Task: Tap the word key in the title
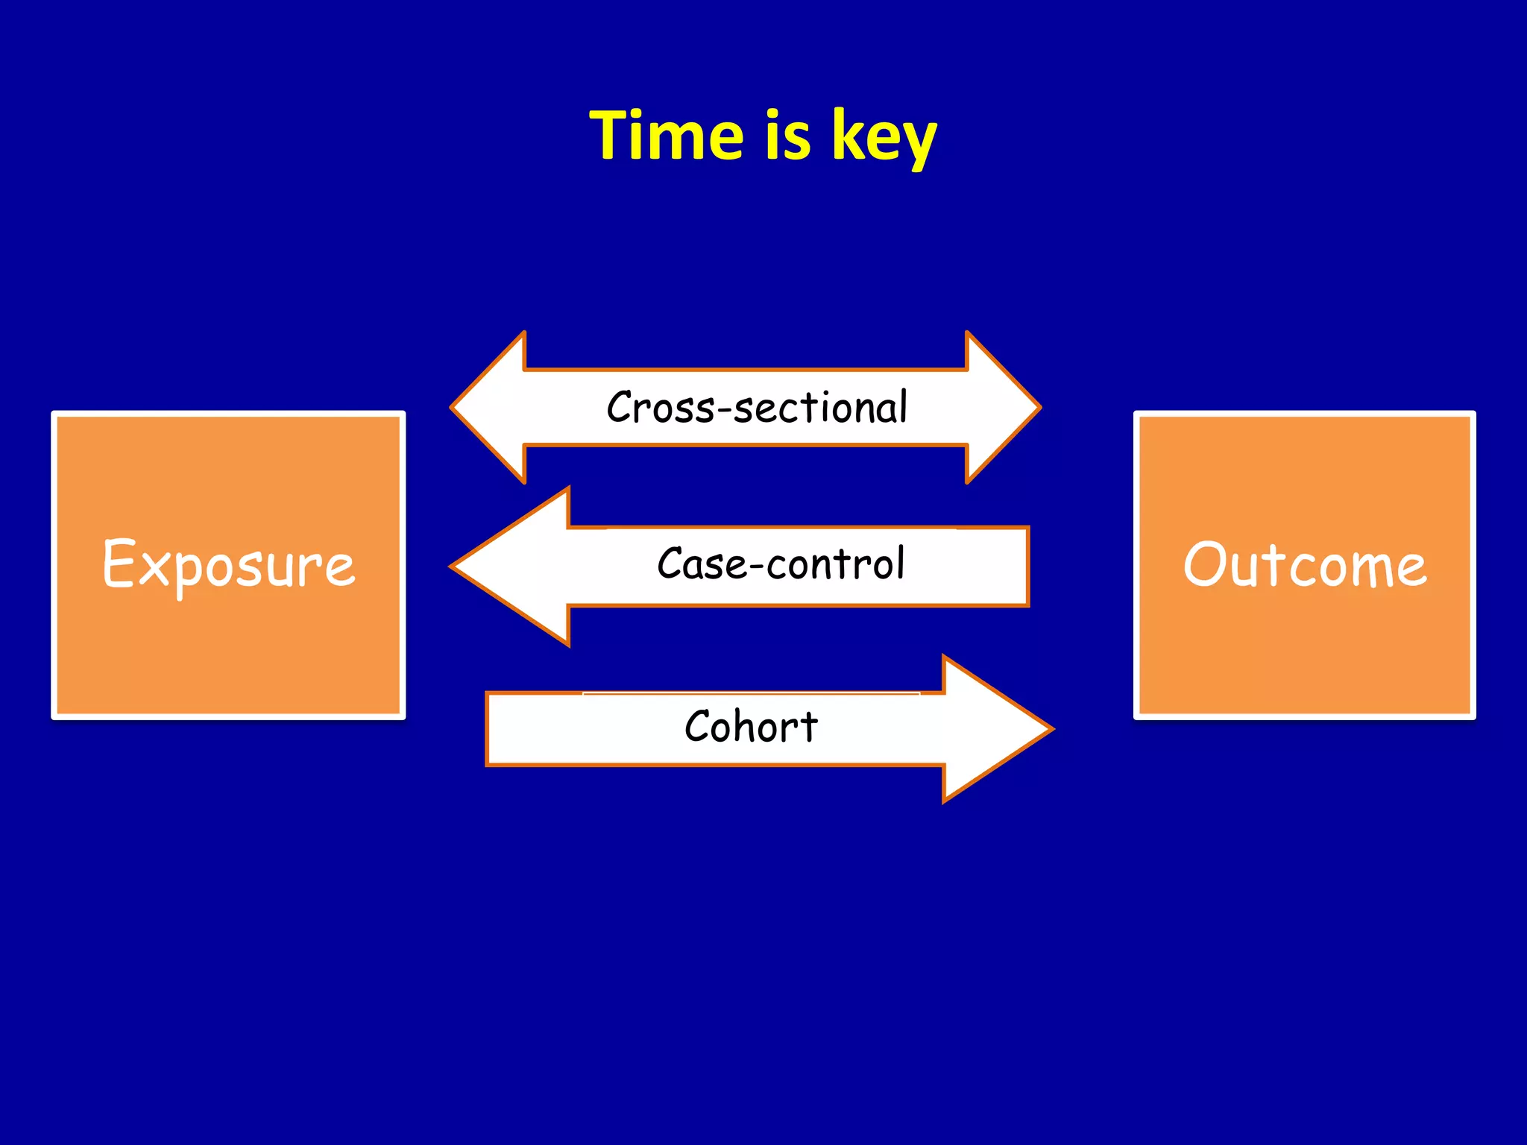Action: [884, 137]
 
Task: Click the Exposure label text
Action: [229, 565]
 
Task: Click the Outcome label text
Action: [1305, 565]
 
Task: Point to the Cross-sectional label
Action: [757, 408]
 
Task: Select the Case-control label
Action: [781, 564]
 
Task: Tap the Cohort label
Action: [751, 727]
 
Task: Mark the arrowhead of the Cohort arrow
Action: [992, 729]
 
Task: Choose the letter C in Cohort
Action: [699, 726]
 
